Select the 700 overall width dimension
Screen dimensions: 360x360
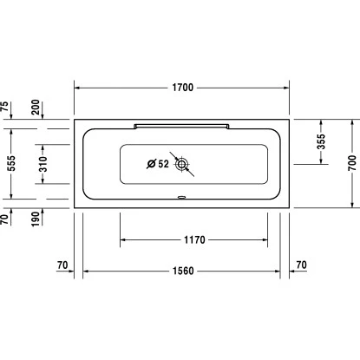coord(352,162)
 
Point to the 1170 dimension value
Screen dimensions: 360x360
coord(193,238)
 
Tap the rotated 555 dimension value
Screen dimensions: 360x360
coord(6,163)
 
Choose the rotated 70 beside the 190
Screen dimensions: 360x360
coord(6,218)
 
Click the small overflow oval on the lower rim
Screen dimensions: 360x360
coord(181,196)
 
